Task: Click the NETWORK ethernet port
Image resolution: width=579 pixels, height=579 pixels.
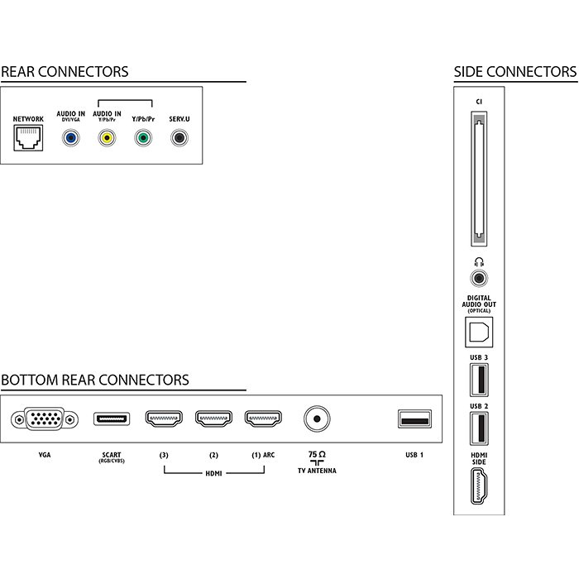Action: point(28,138)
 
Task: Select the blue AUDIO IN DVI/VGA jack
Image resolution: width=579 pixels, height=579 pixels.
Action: point(70,138)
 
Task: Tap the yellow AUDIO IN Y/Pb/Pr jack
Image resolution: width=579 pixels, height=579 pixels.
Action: point(107,138)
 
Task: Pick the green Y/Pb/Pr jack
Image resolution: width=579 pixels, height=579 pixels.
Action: point(143,138)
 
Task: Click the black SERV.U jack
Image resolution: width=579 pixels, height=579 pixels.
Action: point(179,138)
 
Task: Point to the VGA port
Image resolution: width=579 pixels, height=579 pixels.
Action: point(45,419)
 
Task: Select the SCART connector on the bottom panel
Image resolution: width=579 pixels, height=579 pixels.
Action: point(112,419)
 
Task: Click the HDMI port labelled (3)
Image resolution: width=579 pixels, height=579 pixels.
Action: point(164,419)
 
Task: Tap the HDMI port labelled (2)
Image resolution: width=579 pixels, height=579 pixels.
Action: point(213,419)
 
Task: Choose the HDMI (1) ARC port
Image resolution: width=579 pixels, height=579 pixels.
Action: point(263,419)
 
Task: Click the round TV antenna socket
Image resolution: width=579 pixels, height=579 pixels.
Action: point(317,419)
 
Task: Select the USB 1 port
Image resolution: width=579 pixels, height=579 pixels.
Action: point(414,419)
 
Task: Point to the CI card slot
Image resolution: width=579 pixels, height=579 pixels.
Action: point(479,179)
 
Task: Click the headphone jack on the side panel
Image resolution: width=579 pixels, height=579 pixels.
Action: point(479,278)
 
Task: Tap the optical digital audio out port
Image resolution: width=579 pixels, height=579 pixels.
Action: point(479,332)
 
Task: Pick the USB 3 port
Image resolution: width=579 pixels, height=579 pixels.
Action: point(479,380)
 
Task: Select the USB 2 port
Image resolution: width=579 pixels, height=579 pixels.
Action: point(479,428)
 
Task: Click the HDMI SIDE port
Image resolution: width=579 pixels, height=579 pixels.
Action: point(479,486)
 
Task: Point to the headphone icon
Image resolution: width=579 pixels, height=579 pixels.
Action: point(479,262)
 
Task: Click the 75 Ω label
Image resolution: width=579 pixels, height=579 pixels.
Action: point(317,455)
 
